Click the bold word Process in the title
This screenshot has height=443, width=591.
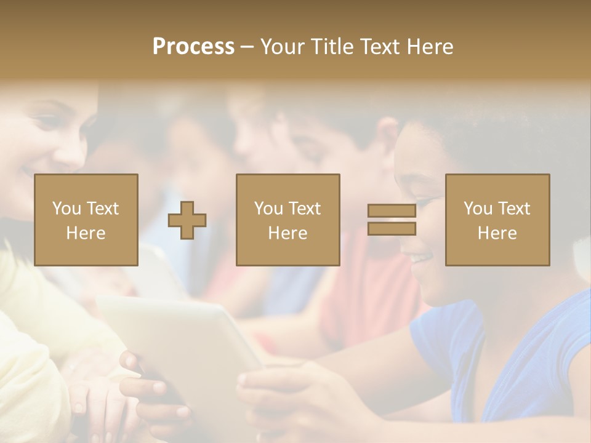[x=193, y=47]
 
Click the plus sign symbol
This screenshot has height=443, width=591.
[x=187, y=220]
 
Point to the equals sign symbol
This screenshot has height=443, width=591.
[x=392, y=220]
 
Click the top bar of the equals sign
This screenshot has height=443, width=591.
[x=392, y=211]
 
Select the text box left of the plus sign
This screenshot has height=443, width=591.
[x=86, y=220]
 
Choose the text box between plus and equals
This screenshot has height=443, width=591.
[x=288, y=220]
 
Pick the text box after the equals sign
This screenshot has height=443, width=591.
[x=497, y=220]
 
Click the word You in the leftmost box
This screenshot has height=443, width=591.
[x=66, y=209]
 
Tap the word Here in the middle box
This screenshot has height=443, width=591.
[x=288, y=233]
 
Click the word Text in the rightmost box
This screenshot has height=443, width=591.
[x=514, y=209]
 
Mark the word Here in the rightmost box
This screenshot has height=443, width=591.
[x=497, y=233]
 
